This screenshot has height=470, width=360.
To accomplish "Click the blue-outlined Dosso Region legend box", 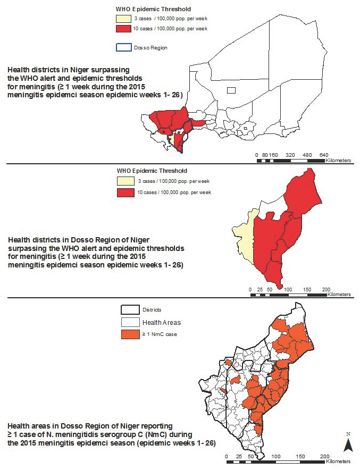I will (x=122, y=47).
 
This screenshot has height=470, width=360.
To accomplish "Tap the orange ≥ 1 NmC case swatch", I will (x=129, y=333).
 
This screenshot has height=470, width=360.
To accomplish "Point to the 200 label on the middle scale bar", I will (x=326, y=289).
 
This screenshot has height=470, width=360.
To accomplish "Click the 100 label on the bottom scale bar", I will (x=277, y=456).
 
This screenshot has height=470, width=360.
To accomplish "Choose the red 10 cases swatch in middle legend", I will (x=127, y=192).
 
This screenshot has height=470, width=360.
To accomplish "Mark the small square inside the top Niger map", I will (x=231, y=90).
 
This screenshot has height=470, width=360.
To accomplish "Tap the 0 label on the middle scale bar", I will (x=250, y=289).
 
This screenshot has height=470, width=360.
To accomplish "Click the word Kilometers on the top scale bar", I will (x=339, y=160).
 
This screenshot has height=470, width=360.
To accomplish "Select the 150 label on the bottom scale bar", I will (x=301, y=456).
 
